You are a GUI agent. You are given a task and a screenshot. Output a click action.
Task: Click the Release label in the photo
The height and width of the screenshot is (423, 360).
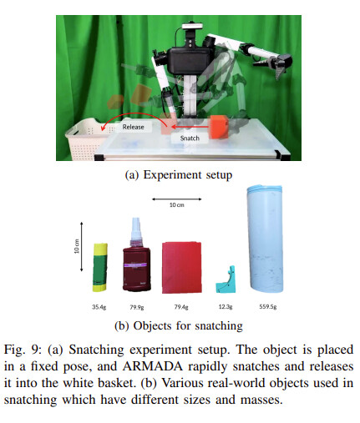(134, 127)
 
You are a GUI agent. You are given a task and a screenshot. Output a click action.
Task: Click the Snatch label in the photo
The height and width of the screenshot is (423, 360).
(190, 138)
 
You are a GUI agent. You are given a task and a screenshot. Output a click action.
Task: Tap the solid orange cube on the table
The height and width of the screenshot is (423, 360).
(219, 127)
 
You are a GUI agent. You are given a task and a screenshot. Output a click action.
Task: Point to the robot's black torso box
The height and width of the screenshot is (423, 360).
(189, 61)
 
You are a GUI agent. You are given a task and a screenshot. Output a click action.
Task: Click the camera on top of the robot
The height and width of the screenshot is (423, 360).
(192, 27)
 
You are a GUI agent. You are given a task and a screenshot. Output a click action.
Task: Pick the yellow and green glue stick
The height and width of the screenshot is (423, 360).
(100, 268)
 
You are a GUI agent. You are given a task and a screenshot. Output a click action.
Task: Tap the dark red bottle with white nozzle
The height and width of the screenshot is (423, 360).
(136, 259)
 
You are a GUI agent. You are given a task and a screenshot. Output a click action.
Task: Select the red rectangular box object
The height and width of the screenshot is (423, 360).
(182, 268)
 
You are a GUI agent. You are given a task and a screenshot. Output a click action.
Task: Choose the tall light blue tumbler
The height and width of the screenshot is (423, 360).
(266, 239)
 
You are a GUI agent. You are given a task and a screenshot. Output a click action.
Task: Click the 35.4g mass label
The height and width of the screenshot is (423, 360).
(99, 307)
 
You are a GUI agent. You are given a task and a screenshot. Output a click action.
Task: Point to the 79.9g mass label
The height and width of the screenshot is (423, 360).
(137, 307)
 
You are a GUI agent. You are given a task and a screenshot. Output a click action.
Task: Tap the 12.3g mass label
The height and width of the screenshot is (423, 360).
(226, 307)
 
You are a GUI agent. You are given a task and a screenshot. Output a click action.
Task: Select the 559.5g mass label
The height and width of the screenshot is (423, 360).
(268, 307)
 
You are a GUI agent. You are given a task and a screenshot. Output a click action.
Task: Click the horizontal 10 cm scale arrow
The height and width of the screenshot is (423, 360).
(177, 199)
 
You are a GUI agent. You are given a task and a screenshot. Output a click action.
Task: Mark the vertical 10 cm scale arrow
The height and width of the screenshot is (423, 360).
(82, 247)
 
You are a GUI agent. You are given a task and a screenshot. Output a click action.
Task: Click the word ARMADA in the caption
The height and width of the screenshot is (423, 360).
(153, 366)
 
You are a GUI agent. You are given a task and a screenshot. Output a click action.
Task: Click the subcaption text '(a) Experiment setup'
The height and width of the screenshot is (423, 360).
(179, 175)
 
